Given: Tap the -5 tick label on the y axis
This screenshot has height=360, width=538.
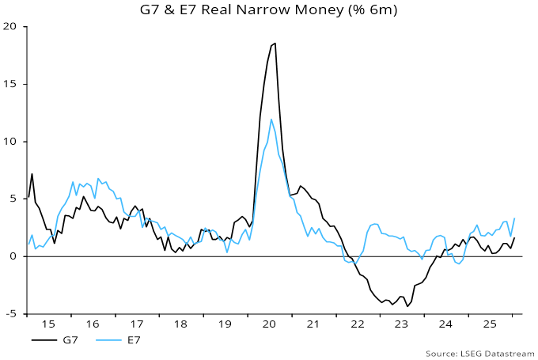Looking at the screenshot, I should click(11, 314).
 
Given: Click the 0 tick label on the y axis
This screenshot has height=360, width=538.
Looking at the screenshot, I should click(14, 256).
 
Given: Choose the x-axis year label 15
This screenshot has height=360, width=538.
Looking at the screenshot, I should click(49, 324).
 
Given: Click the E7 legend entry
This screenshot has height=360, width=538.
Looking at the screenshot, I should click(126, 339).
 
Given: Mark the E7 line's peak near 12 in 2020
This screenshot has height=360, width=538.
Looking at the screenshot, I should click(271, 119).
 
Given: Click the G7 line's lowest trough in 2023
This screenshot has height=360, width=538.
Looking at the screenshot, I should click(407, 306).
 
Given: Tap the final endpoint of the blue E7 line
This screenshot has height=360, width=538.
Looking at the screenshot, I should click(514, 218).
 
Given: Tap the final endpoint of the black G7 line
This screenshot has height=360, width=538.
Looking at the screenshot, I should click(514, 237).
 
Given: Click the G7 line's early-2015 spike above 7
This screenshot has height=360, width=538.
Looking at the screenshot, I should click(32, 173).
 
